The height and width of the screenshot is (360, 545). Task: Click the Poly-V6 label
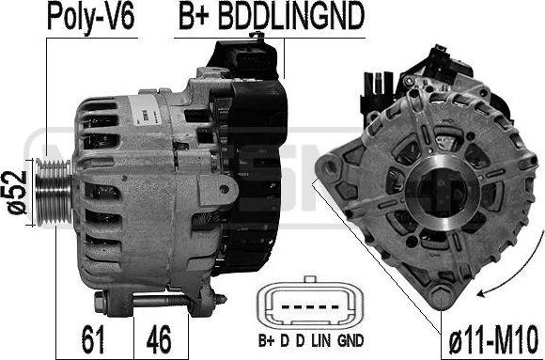pos(91,17)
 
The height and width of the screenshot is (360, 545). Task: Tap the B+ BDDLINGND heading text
pos(272,16)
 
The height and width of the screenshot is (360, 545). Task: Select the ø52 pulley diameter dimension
pos(17,193)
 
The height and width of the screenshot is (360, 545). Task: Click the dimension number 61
pos(93,338)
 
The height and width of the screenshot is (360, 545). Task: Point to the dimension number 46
pos(159,338)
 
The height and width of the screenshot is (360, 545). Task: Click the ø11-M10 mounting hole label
pos(493,339)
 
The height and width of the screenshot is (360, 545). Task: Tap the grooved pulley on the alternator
pos(54,192)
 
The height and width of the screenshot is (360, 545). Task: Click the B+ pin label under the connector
pos(267,341)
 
